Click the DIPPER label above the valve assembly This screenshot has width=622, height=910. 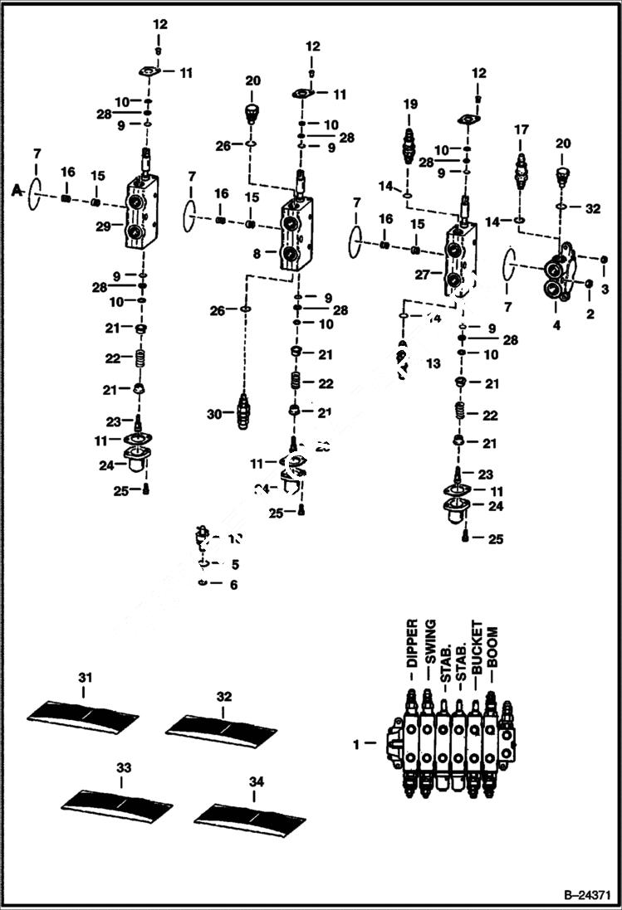point(411,643)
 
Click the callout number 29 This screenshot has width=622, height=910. point(103,226)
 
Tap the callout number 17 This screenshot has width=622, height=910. point(521,129)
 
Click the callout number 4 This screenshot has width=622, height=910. point(556,325)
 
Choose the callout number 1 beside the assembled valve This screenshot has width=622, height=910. point(357,744)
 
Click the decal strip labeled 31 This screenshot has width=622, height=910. point(83,714)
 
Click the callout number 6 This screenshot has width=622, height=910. point(234,585)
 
